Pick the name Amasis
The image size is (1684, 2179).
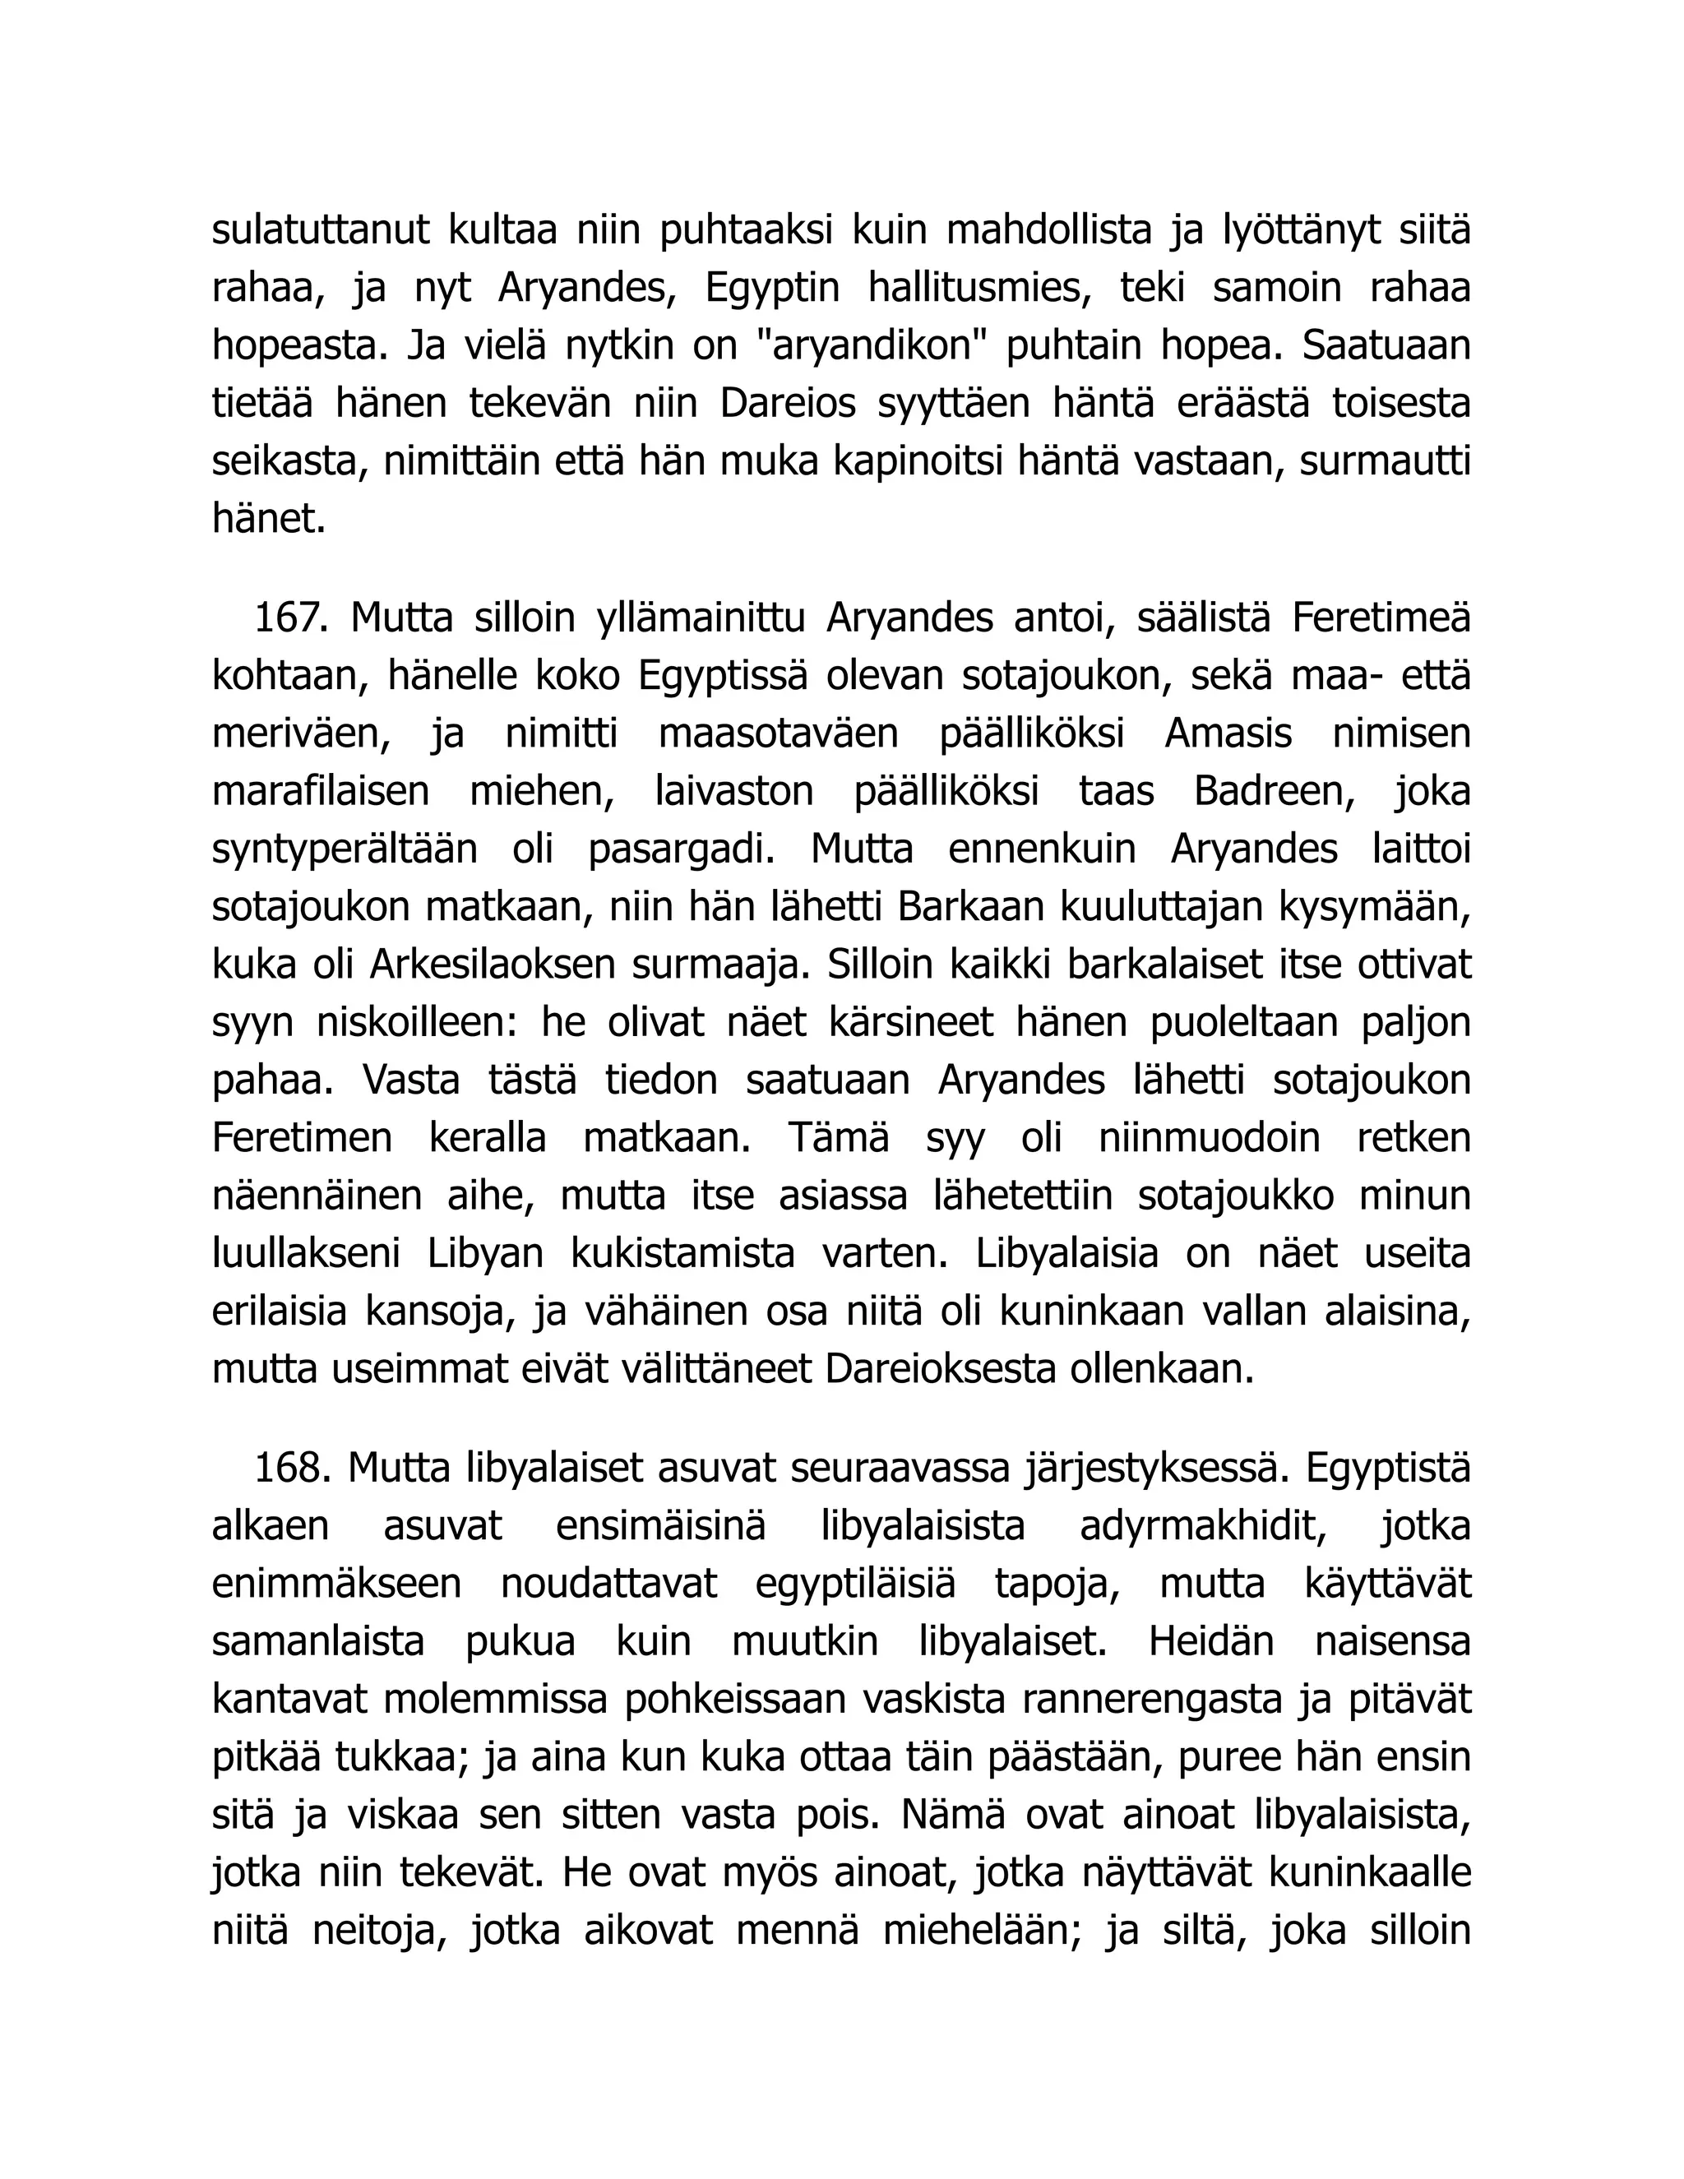point(1227,734)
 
